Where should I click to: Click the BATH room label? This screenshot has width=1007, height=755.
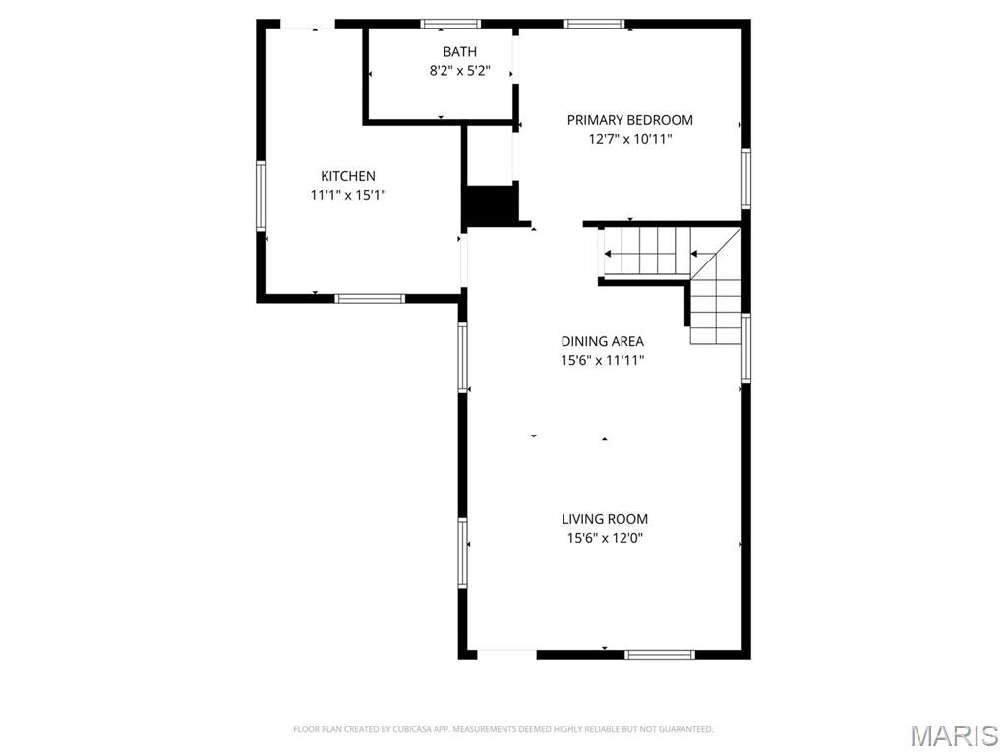click(459, 52)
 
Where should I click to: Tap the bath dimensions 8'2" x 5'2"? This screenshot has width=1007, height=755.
click(459, 71)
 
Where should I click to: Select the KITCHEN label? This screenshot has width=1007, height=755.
click(348, 176)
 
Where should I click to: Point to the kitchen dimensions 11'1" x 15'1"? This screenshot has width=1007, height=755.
click(348, 195)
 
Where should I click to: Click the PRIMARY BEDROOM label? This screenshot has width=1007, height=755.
click(629, 120)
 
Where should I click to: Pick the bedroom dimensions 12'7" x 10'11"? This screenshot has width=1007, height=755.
click(629, 139)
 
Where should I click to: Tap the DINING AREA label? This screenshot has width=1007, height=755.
click(603, 341)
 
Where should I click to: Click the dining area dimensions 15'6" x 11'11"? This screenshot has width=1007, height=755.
click(603, 360)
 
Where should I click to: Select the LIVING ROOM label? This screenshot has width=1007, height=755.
click(605, 519)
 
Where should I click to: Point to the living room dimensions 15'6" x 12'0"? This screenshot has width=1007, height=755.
click(605, 538)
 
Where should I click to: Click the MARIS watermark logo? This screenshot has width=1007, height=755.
click(954, 734)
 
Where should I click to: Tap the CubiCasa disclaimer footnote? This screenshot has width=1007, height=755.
click(503, 729)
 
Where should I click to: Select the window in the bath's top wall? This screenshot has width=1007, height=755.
click(451, 24)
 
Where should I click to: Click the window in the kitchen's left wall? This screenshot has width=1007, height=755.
click(262, 196)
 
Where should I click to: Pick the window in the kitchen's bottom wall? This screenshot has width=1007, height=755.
click(370, 298)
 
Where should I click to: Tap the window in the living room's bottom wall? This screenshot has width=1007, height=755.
click(660, 654)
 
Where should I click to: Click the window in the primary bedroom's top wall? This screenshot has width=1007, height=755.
click(594, 24)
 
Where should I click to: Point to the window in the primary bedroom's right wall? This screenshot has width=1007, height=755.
click(746, 179)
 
